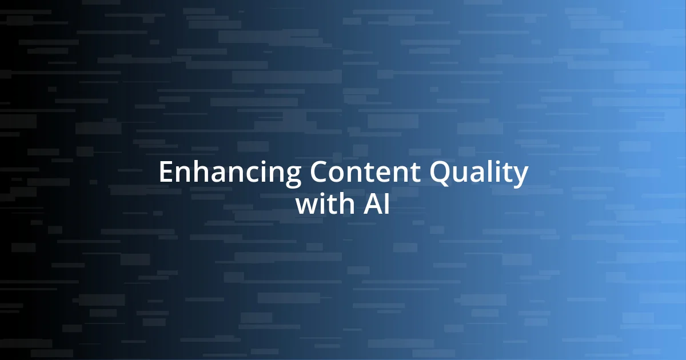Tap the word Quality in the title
[x=479, y=173]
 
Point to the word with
[x=325, y=204]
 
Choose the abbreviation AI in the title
[x=377, y=204]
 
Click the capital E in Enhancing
[x=166, y=173]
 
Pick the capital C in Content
[x=320, y=173]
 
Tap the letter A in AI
[x=372, y=204]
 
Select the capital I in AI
[x=386, y=204]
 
